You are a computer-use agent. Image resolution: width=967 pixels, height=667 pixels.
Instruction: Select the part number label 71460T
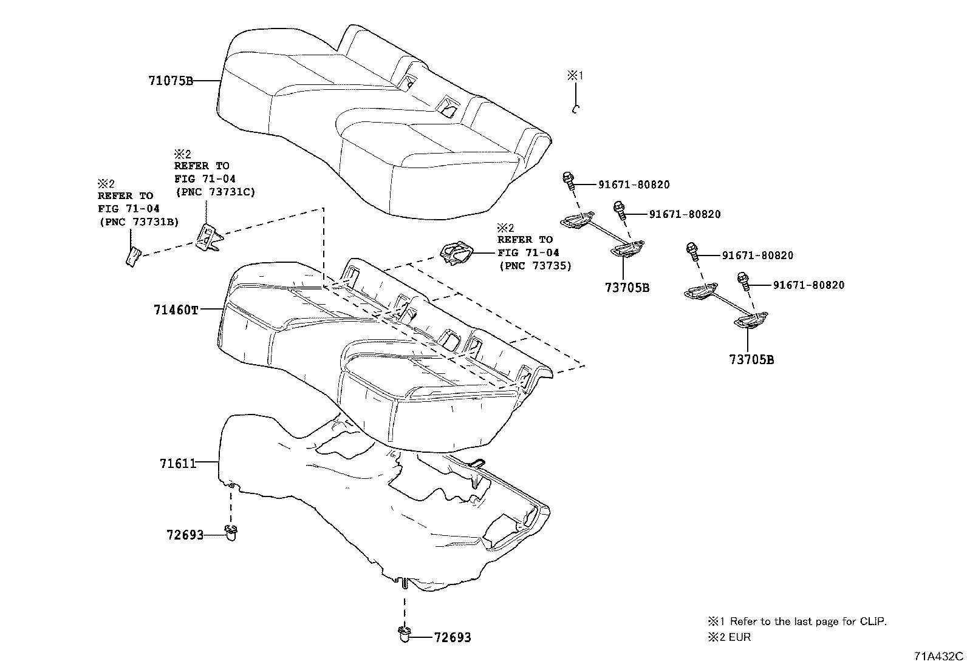(x=176, y=310)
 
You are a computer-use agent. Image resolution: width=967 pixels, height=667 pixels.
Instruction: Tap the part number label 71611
(x=178, y=464)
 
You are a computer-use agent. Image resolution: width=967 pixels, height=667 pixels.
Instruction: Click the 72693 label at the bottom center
(x=453, y=638)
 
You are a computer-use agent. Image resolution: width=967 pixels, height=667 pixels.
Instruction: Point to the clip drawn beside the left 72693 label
(x=231, y=533)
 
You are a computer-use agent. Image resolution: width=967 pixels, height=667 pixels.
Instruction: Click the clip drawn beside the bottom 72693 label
(x=404, y=635)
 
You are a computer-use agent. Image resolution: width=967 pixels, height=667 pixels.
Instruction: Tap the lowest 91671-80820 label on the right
(x=808, y=285)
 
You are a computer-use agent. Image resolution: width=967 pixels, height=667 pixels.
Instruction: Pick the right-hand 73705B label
(x=752, y=360)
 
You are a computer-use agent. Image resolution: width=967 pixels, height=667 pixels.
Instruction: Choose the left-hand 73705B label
(x=627, y=288)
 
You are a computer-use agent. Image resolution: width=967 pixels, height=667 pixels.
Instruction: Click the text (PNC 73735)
(x=535, y=266)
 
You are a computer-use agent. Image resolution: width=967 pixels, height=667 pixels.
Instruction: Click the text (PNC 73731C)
(x=215, y=192)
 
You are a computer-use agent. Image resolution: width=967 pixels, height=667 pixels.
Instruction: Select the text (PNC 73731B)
(x=138, y=222)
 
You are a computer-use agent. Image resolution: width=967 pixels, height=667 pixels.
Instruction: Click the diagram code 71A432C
(x=938, y=656)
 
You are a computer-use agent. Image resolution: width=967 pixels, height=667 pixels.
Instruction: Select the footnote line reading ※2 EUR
(x=729, y=638)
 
